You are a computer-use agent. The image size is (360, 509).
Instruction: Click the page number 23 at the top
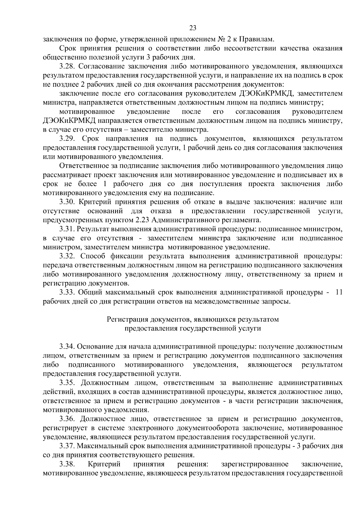(x=193, y=28)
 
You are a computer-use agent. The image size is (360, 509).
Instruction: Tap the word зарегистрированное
(x=255, y=464)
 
